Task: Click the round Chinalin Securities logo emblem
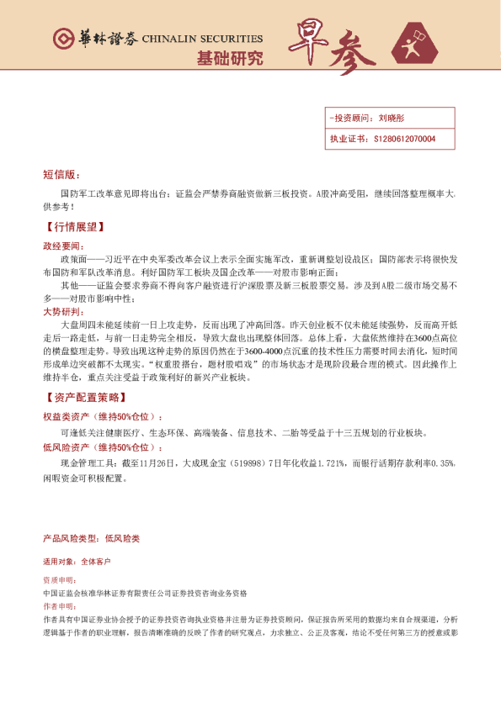click(x=62, y=39)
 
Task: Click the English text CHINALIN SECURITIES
click(x=202, y=39)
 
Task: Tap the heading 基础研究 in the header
click(x=229, y=59)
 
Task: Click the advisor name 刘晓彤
click(x=392, y=119)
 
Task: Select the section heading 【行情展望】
click(x=74, y=227)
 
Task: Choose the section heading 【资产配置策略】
click(x=84, y=397)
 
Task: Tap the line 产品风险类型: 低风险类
click(x=91, y=537)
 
